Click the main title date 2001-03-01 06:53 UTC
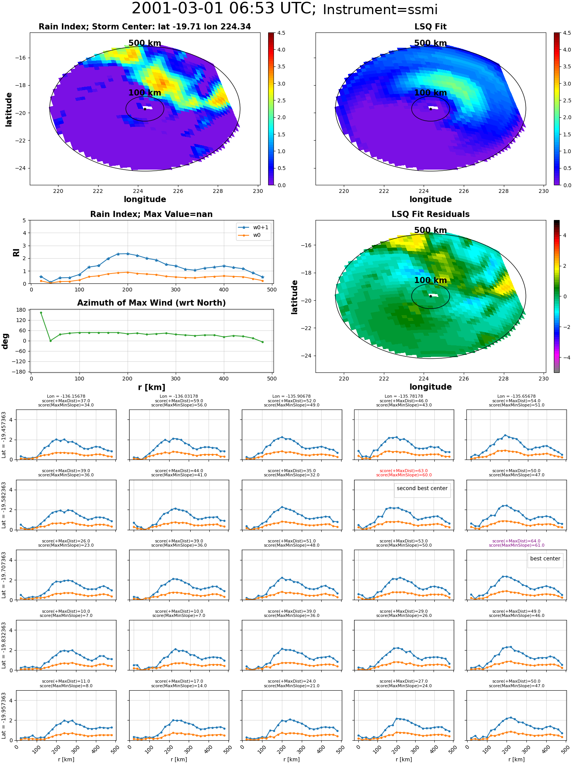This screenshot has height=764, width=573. pyautogui.click(x=224, y=9)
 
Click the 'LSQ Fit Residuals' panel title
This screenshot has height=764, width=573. pyautogui.click(x=431, y=214)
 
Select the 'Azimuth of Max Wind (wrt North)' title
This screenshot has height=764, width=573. pyautogui.click(x=151, y=303)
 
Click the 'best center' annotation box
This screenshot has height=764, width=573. pyautogui.click(x=545, y=558)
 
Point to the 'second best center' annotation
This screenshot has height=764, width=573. pyautogui.click(x=422, y=488)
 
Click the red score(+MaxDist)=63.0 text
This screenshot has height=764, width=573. pyautogui.click(x=404, y=471)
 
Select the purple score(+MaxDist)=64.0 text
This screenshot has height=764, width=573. pyautogui.click(x=516, y=541)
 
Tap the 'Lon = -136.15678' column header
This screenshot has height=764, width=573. pyautogui.click(x=66, y=397)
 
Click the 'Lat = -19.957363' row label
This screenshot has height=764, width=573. pyautogui.click(x=4, y=715)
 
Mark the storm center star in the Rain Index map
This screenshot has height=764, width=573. pyautogui.click(x=145, y=109)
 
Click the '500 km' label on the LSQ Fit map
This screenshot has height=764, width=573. pyautogui.click(x=431, y=43)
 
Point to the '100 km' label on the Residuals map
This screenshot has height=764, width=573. pyautogui.click(x=431, y=280)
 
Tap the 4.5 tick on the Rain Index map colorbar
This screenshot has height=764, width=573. pyautogui.click(x=281, y=33)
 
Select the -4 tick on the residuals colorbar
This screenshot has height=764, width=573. pyautogui.click(x=565, y=358)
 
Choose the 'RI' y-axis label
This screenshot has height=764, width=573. pyautogui.click(x=16, y=252)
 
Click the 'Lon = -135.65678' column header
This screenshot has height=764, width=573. pyautogui.click(x=516, y=397)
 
